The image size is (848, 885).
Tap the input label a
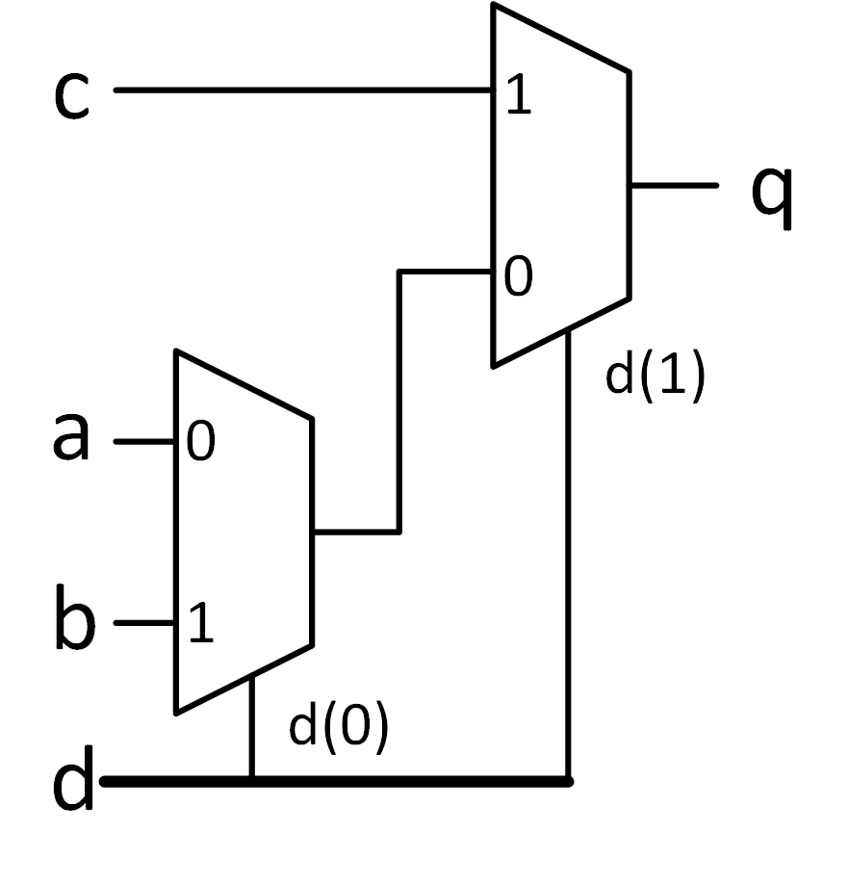tap(71, 436)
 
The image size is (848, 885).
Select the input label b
tap(75, 617)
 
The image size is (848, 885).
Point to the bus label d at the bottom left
tap(73, 779)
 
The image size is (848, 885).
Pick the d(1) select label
tap(655, 376)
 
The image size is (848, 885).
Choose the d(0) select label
tap(339, 726)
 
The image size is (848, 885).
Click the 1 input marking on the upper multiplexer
tap(519, 94)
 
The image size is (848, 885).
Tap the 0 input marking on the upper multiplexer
tap(519, 276)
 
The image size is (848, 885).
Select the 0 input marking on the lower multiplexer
tap(201, 441)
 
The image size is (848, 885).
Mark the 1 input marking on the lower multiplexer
tap(201, 622)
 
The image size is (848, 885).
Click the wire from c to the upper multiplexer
tap(305, 90)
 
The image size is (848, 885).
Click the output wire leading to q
tap(673, 185)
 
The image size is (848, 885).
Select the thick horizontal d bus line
tap(337, 782)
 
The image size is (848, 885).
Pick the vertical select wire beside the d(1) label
tap(568, 556)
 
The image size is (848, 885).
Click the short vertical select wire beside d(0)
tap(251, 728)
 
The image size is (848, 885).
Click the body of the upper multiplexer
tap(561, 185)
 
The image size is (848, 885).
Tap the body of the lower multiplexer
tap(244, 533)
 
